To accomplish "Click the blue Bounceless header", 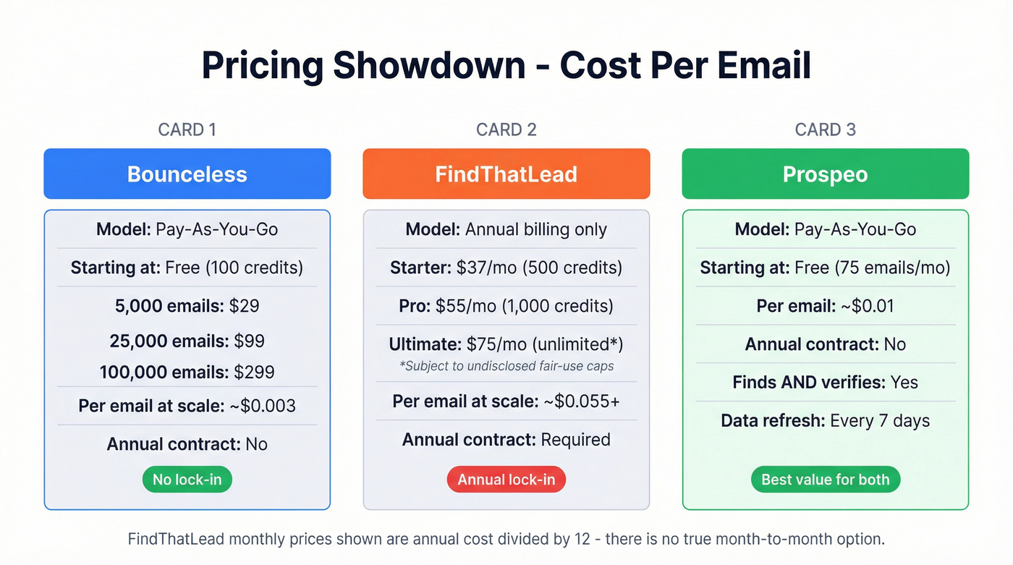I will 187,174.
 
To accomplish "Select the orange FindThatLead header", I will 506,174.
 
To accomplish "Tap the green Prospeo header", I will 825,174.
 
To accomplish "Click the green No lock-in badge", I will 187,480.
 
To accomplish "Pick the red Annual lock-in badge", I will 506,480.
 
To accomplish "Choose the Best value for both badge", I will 825,480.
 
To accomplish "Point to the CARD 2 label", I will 506,129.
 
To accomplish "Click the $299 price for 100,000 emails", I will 254,373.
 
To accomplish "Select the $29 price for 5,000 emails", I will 244,306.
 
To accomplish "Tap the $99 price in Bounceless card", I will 249,341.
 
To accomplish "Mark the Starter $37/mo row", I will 506,268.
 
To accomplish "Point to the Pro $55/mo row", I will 506,306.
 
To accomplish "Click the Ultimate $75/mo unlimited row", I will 506,344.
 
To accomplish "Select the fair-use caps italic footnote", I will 506,366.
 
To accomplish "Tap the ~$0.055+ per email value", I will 581,402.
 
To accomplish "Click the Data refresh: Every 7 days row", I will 825,421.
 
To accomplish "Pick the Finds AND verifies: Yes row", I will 825,383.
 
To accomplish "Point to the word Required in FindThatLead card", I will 575,440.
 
